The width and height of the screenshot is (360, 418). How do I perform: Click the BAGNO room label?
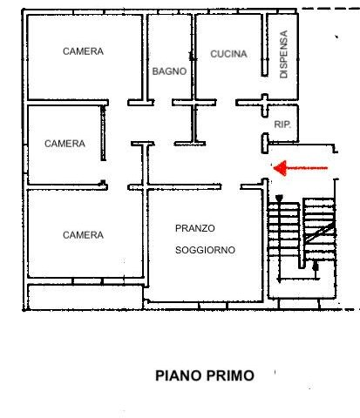point(169,71)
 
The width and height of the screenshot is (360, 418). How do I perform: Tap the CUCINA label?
point(228,54)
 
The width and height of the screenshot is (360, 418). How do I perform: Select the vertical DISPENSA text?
point(283,54)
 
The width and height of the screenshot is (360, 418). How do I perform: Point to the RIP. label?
point(282,125)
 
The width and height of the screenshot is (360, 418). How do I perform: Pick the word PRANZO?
point(195,228)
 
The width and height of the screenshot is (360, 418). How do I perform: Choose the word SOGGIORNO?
point(205,250)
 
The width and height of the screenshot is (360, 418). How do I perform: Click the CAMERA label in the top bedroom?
point(83,51)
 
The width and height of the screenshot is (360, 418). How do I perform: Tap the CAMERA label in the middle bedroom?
point(65,144)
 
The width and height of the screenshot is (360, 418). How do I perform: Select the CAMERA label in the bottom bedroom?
point(83,235)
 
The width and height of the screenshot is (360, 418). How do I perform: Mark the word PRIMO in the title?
point(230,375)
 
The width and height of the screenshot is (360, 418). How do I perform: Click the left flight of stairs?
point(283,229)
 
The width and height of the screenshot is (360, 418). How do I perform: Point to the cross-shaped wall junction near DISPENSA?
point(264,103)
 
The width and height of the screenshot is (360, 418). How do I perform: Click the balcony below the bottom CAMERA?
point(85,297)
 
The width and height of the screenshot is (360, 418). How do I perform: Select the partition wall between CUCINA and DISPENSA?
point(264,45)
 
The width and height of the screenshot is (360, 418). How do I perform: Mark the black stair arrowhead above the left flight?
point(279,199)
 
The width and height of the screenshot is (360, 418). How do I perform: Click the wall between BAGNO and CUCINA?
point(194,57)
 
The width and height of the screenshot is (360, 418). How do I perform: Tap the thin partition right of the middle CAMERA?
point(103,133)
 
